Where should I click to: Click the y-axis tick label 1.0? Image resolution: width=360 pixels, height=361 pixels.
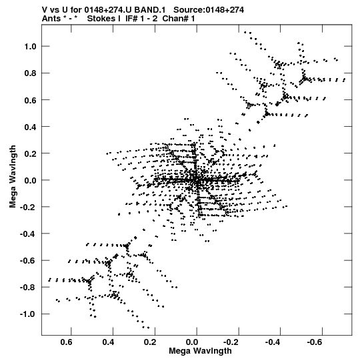point(31,47)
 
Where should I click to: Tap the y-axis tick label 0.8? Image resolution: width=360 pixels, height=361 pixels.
point(31,73)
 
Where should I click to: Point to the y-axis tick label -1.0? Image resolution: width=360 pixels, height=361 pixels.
point(28,314)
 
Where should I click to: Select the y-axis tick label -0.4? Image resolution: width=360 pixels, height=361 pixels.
point(28,234)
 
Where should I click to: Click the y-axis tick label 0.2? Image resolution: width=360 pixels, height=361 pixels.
point(31,153)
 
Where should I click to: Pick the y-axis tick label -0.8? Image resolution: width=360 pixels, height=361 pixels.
point(28,288)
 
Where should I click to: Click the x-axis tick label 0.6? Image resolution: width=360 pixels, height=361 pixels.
point(66,342)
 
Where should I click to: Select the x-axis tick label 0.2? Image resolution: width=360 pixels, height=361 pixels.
point(150,342)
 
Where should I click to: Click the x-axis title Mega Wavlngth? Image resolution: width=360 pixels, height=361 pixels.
point(200,351)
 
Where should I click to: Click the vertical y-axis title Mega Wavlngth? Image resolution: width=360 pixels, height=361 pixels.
point(13,177)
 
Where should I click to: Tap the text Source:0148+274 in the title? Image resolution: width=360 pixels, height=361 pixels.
point(209,10)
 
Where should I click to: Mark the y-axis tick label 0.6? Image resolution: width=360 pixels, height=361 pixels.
point(31,100)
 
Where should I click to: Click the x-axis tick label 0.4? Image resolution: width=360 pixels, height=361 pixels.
point(108,342)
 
